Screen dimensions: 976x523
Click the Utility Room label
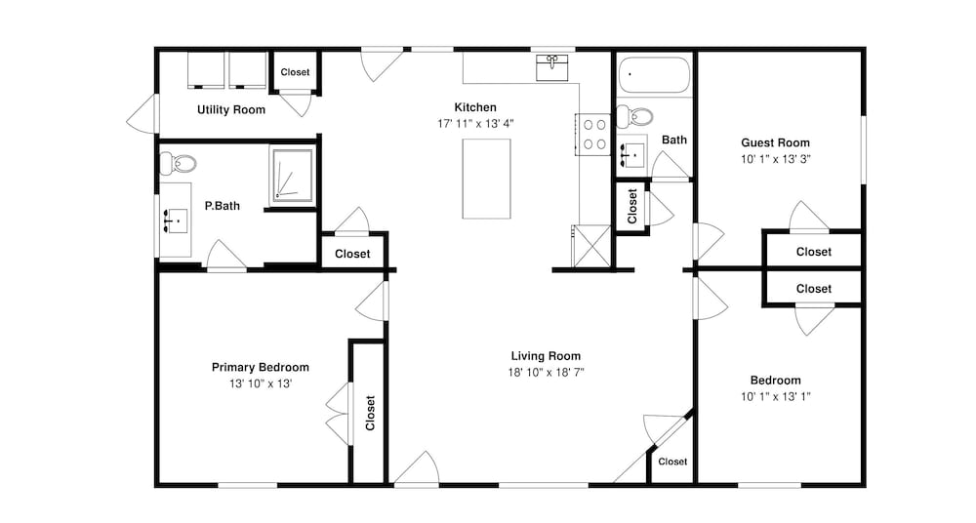231,109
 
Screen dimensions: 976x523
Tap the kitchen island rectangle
487,179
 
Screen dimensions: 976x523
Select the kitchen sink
552,67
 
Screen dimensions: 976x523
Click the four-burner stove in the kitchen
593,135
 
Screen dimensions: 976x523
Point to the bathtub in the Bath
654,75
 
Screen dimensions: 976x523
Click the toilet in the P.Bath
178,164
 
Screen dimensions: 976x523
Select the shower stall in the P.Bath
291,176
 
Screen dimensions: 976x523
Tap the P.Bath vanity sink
175,220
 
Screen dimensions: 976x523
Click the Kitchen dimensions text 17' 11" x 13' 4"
475,123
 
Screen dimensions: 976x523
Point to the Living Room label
546,356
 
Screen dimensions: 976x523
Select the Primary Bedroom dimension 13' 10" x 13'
261,383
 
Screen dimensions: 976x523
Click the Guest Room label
775,142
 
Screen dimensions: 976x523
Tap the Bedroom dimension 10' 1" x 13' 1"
776,396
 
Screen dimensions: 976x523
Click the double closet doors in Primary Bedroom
338,414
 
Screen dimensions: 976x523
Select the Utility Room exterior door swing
142,113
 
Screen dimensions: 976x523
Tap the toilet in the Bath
634,116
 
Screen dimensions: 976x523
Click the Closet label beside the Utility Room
295,72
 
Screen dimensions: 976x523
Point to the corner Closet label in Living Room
672,462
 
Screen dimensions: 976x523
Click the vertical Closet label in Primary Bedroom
370,413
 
